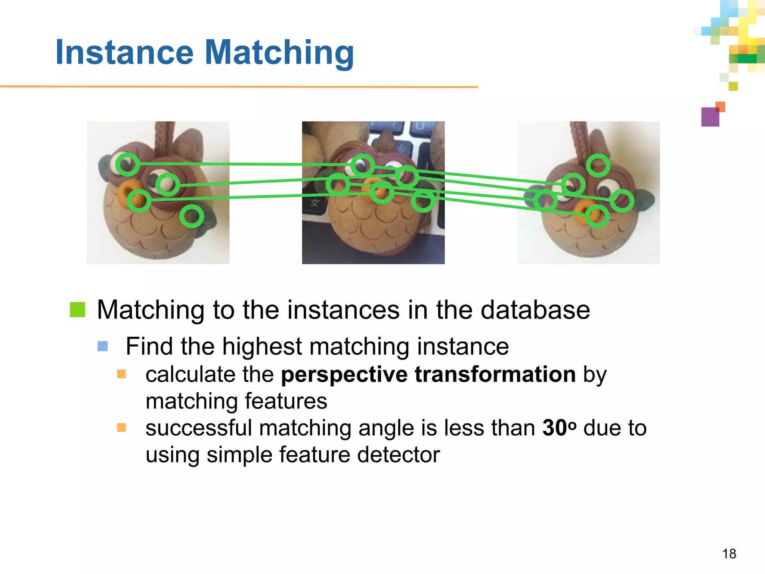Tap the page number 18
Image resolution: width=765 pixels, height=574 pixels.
[x=729, y=554]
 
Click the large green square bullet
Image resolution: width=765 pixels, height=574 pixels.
[x=78, y=309]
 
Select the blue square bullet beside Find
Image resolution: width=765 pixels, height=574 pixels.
[x=103, y=346]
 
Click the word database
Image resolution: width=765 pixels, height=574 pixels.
[x=535, y=310]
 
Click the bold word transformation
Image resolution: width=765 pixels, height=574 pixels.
[x=495, y=374]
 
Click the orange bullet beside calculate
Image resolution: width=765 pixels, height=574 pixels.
[x=121, y=374]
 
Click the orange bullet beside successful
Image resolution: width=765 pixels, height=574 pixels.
[x=121, y=428]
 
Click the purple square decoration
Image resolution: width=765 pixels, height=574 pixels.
[x=710, y=117]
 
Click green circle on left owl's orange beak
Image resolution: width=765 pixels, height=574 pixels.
[x=139, y=201]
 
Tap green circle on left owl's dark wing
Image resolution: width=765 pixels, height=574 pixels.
[x=192, y=216]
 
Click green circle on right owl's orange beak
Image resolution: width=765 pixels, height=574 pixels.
[x=597, y=216]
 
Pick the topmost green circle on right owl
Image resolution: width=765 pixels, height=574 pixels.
[x=598, y=165]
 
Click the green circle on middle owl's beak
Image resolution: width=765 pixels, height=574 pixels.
[x=382, y=192]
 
